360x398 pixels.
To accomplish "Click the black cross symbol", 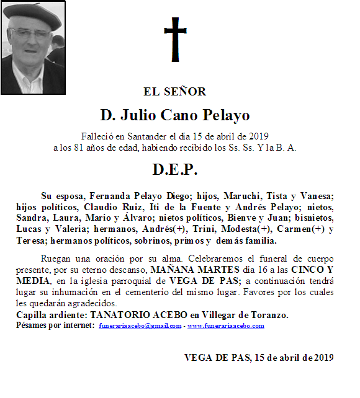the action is (175, 38).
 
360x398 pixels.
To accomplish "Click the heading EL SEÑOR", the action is (174, 92).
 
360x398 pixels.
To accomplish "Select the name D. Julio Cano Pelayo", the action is (174, 115).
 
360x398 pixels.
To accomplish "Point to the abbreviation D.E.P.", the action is (174, 169).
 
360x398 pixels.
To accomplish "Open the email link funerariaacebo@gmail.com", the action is (140, 326).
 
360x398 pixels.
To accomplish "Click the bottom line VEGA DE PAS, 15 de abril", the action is (259, 358).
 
